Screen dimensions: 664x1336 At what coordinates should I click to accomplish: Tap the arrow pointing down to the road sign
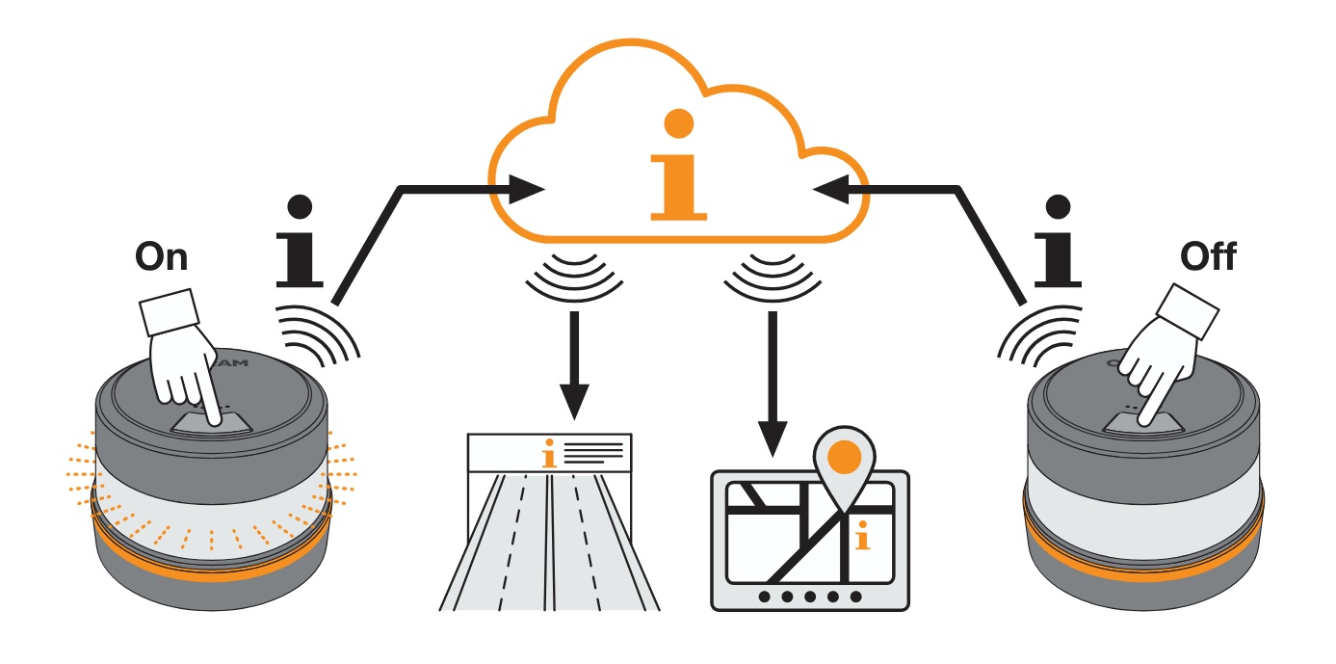click(x=574, y=366)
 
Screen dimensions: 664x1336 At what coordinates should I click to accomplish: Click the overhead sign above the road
click(x=549, y=453)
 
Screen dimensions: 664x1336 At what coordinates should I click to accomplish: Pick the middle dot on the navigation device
click(x=810, y=597)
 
